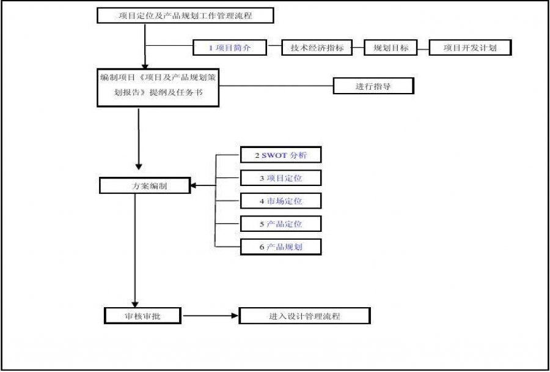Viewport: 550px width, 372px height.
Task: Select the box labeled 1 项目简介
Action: pyautogui.click(x=229, y=48)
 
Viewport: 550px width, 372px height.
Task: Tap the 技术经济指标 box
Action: pyautogui.click(x=317, y=48)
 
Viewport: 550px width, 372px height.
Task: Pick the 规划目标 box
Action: pyautogui.click(x=391, y=48)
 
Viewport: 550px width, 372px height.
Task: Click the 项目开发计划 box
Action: pyautogui.click(x=470, y=48)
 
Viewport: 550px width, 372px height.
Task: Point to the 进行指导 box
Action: pyautogui.click(x=373, y=86)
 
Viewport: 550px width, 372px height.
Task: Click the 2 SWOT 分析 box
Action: pyautogui.click(x=280, y=155)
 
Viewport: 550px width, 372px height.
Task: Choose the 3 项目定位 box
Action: pyautogui.click(x=280, y=178)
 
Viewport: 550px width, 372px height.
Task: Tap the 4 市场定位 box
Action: pyautogui.click(x=280, y=201)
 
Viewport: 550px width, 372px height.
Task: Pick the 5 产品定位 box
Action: pyautogui.click(x=280, y=224)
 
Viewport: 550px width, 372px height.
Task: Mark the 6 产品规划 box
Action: pyautogui.click(x=280, y=247)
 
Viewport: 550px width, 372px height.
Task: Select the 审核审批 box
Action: pyautogui.click(x=142, y=316)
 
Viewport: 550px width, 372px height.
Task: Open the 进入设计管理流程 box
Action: pyautogui.click(x=304, y=316)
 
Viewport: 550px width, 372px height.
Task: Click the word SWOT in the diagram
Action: pyautogui.click(x=274, y=155)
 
